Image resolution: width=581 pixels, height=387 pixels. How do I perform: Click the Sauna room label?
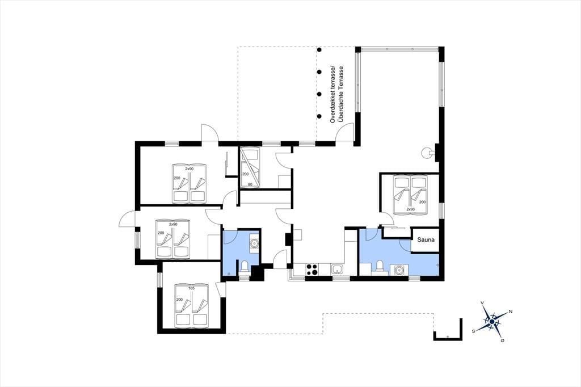(426, 240)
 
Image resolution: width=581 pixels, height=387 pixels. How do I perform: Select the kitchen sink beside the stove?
(337, 270)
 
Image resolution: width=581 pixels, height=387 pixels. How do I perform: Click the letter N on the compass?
(511, 312)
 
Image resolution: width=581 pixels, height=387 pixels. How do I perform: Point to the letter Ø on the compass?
(502, 340)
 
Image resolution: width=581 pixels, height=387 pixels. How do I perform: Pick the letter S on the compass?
(473, 331)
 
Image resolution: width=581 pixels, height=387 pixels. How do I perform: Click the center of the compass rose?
(491, 322)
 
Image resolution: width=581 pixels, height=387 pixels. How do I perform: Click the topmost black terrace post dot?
(319, 50)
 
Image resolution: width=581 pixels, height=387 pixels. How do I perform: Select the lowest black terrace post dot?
(319, 116)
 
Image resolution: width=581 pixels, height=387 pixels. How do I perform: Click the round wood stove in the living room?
(427, 152)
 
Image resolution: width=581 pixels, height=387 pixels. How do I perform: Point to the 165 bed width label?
(191, 288)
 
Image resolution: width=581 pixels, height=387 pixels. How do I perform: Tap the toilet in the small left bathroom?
(245, 267)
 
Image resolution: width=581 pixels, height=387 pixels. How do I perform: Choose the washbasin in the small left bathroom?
(254, 243)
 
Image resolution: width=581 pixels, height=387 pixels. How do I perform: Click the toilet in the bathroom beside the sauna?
(378, 267)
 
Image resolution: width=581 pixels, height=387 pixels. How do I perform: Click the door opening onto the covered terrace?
(343, 132)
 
